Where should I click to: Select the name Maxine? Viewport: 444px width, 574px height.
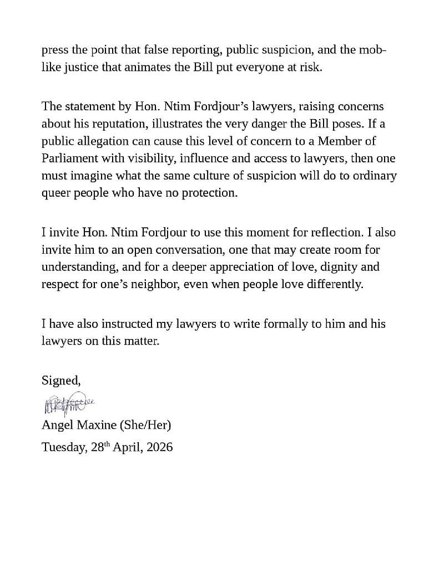coord(93,426)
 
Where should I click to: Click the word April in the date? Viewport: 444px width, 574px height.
coord(128,447)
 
